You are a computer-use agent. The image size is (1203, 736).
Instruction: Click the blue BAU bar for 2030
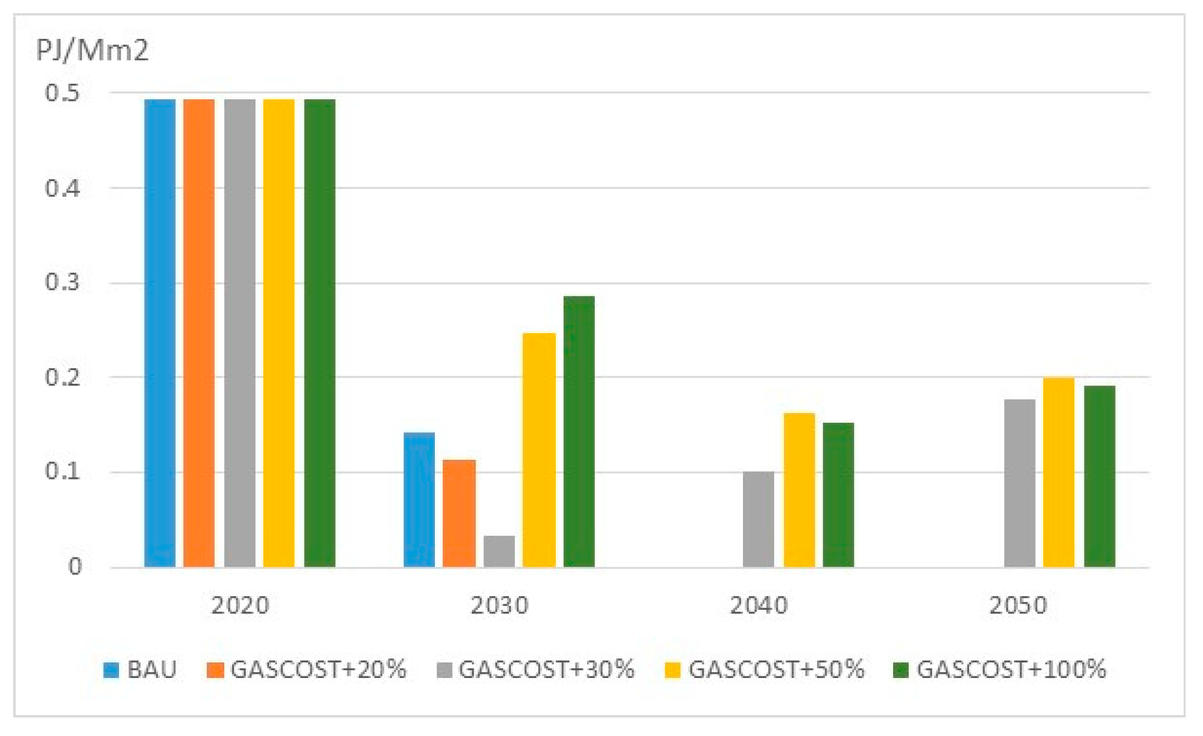419,499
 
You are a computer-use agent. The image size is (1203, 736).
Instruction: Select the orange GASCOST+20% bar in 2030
459,513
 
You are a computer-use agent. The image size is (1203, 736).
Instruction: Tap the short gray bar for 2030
499,551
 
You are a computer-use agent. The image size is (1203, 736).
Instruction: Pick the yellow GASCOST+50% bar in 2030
539,450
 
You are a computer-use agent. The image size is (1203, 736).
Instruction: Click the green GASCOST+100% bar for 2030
579,431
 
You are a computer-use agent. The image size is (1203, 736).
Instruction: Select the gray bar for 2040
758,519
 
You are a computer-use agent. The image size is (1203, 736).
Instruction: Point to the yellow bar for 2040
799,490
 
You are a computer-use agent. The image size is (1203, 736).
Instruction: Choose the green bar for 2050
1100,476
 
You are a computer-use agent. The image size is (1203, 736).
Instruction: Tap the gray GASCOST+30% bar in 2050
1019,482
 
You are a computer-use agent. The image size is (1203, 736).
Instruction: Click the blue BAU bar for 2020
160,332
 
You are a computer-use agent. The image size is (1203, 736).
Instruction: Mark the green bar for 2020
319,332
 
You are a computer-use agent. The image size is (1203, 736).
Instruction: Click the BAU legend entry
141,669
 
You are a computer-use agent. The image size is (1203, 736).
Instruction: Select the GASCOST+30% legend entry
535,669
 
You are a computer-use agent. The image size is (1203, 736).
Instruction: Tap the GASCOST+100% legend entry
999,669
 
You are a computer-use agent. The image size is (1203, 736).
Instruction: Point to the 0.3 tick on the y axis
62,282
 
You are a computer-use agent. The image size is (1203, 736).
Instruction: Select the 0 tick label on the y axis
75,566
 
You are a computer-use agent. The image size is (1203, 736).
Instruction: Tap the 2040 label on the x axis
759,605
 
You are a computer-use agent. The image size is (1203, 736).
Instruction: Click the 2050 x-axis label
1018,605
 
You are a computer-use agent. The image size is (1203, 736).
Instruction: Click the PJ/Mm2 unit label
92,50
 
